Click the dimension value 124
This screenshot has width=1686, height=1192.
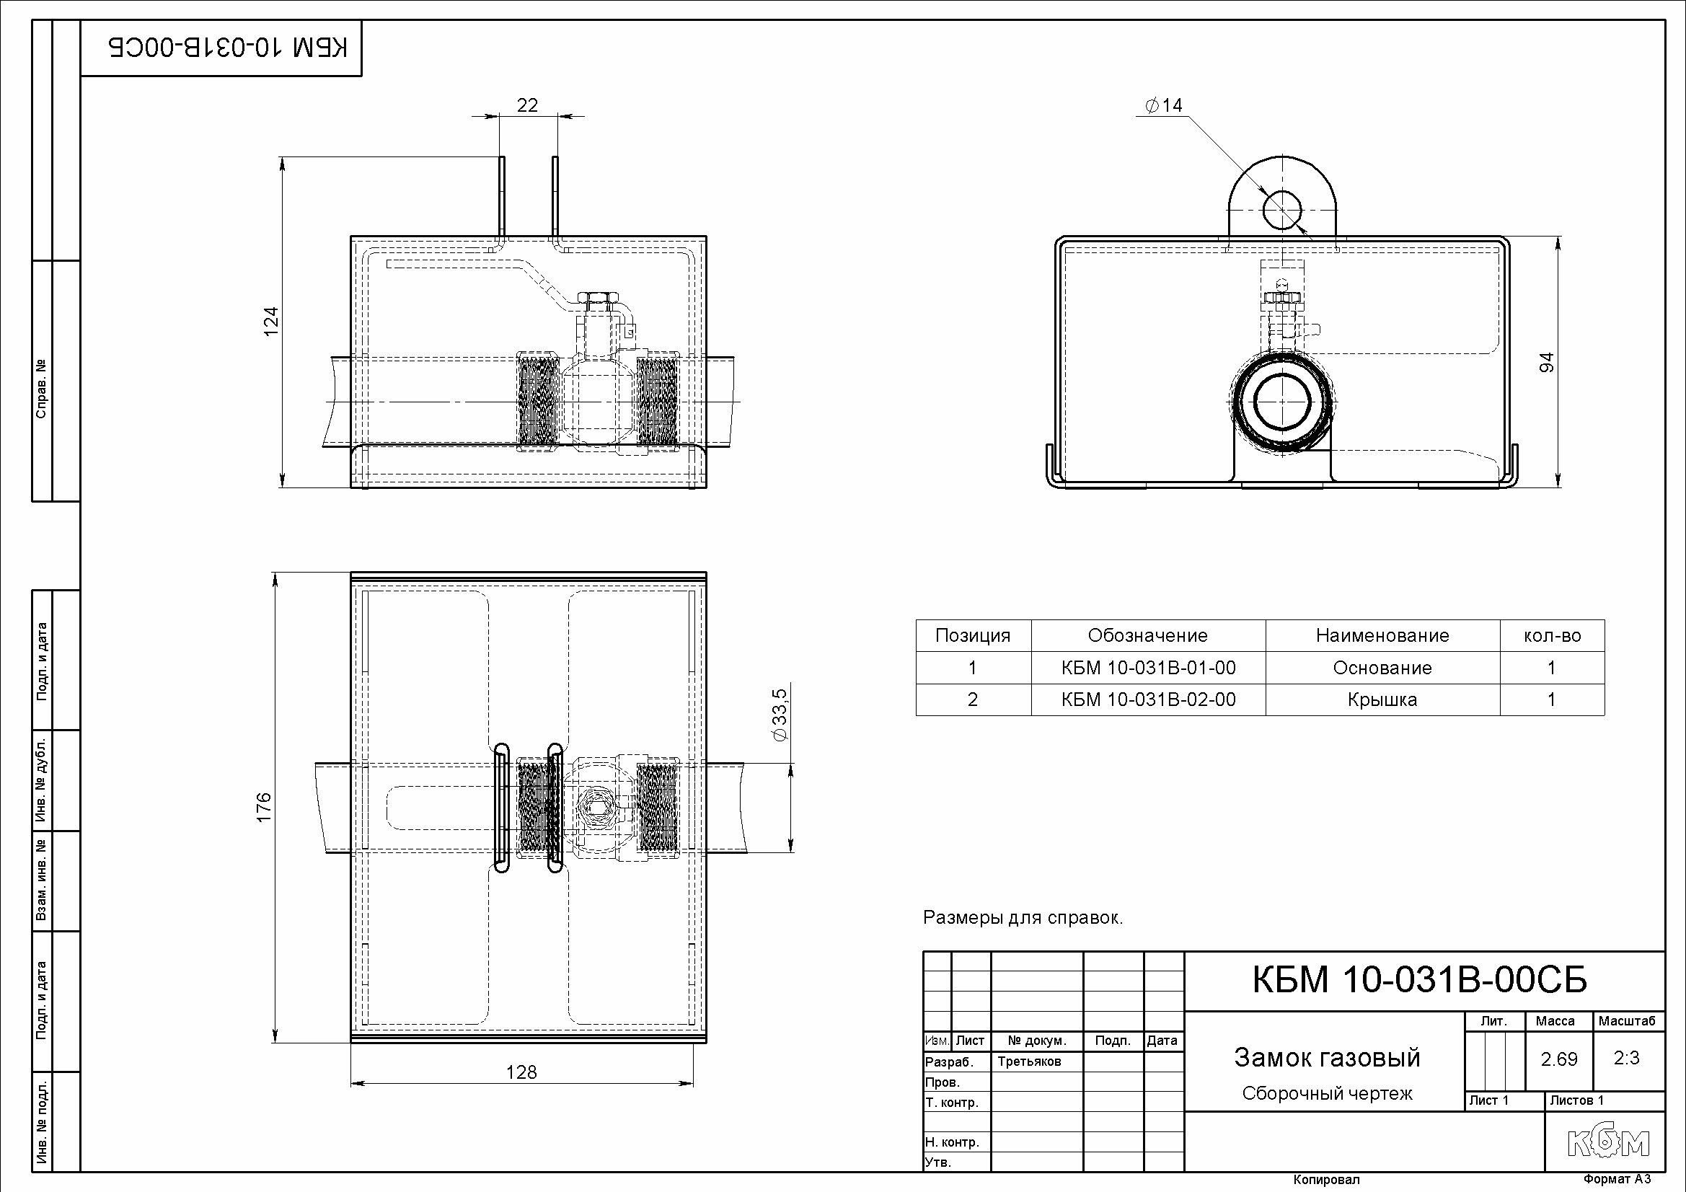coord(271,322)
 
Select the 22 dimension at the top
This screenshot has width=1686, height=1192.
coord(527,105)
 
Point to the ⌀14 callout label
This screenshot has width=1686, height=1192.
coord(1164,106)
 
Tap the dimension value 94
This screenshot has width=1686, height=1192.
coord(1546,362)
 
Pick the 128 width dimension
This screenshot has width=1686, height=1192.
coord(521,1072)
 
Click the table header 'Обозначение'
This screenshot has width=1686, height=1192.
coord(1148,635)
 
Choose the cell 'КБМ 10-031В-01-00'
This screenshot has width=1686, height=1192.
coord(1149,668)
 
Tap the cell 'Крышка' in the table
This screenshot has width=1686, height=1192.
coord(1382,700)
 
